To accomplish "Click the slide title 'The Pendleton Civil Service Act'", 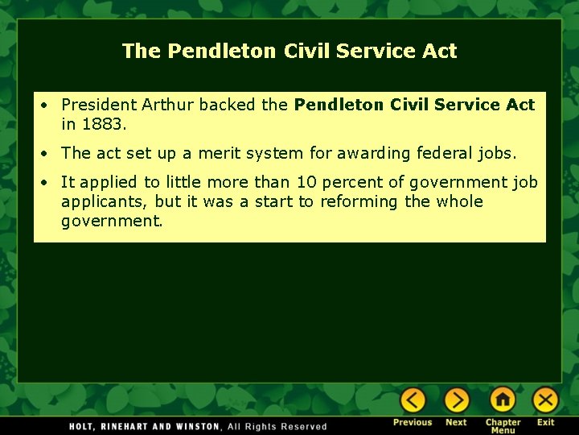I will click(289, 52).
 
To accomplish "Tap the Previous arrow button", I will click(413, 400).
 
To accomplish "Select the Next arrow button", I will click(456, 400).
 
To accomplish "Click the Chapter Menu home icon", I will click(503, 400).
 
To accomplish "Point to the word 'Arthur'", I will click(168, 105).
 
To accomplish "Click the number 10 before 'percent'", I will click(308, 182).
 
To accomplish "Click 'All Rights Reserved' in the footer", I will click(277, 426).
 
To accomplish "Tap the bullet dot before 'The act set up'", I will click(48, 153).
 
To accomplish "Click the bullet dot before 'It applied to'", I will click(48, 182).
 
